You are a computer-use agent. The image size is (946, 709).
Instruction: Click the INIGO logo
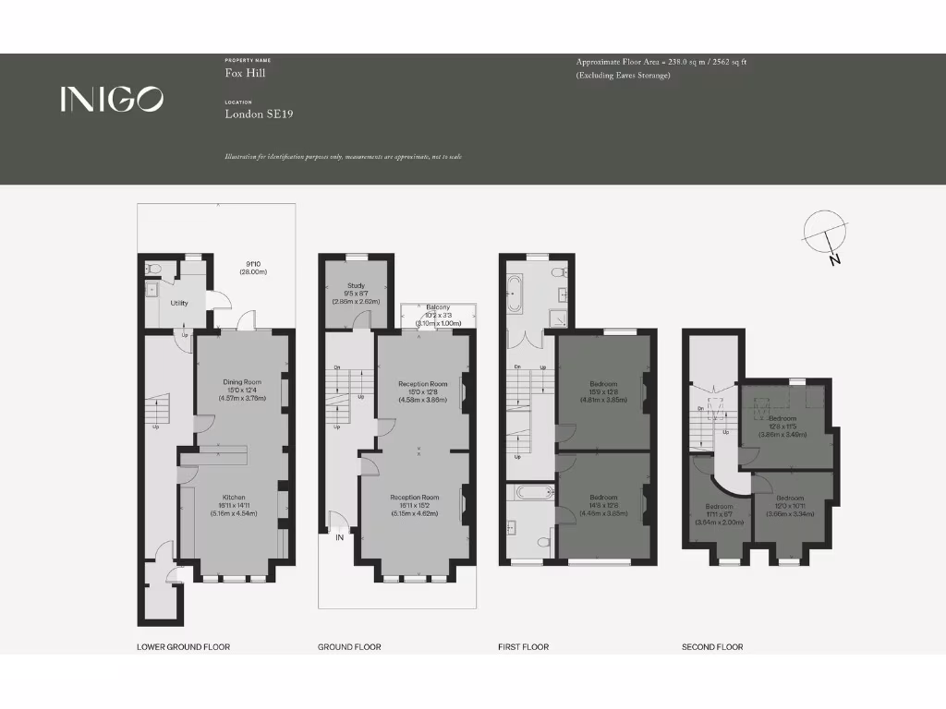[x=112, y=99]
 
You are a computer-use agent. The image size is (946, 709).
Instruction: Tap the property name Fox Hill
[x=245, y=72]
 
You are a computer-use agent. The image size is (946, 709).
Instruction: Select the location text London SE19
[x=260, y=114]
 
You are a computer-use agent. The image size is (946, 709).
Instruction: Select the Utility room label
[x=179, y=303]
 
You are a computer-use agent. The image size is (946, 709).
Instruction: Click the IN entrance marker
[x=341, y=537]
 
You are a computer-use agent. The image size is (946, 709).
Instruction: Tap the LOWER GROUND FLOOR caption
[x=183, y=647]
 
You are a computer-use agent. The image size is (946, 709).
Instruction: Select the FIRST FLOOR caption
[x=523, y=647]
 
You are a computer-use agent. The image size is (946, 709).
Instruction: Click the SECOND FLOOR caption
[x=711, y=647]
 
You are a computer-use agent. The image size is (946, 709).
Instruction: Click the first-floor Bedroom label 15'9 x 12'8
[x=604, y=383]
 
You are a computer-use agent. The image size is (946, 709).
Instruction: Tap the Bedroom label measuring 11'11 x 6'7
[x=719, y=506]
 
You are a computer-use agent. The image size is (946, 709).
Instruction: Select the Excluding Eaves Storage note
[x=623, y=75]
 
